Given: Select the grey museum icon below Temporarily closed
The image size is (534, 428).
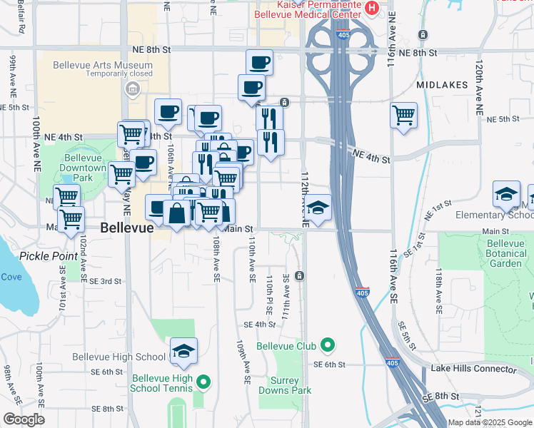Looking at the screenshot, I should (131, 88).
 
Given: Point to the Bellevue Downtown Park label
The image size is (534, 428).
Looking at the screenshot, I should (86, 168).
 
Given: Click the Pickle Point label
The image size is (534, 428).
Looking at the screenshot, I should (49, 255).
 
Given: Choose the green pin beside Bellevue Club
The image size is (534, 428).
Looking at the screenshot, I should (328, 347).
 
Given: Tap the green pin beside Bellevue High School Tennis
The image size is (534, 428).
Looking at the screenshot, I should (203, 383).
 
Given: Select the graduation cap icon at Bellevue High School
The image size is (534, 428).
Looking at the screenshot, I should (183, 351).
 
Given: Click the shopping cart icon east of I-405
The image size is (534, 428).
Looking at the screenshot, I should (403, 114).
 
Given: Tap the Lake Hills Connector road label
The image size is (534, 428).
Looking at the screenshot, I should (473, 369).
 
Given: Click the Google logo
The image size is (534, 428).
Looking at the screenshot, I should (24, 419).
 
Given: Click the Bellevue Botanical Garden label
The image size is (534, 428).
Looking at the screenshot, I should (505, 253).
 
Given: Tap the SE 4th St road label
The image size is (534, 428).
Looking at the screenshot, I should (259, 324).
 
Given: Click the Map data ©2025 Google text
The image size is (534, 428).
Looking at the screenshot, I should (488, 422).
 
